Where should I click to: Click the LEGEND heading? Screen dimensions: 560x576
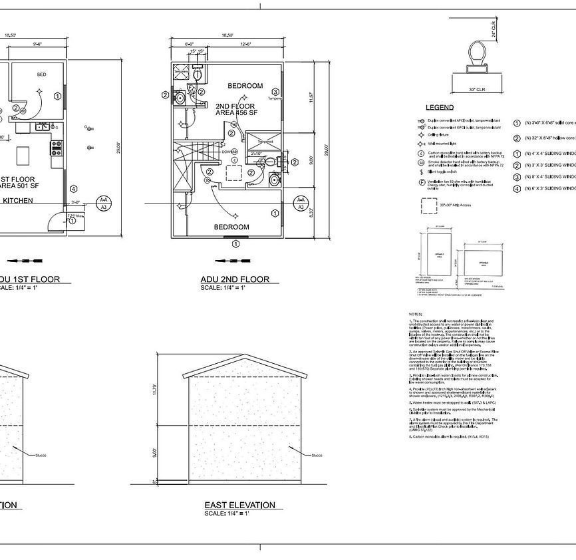440,108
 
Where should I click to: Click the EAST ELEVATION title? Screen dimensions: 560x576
239,505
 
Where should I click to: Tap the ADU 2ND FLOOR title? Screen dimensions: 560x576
235,279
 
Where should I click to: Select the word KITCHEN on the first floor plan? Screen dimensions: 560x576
19,200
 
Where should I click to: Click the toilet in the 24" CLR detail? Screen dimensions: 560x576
476,54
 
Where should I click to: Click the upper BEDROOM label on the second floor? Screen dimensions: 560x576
245,86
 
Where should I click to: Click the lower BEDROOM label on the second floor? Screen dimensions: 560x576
231,227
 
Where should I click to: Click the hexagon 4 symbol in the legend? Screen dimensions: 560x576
517,189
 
